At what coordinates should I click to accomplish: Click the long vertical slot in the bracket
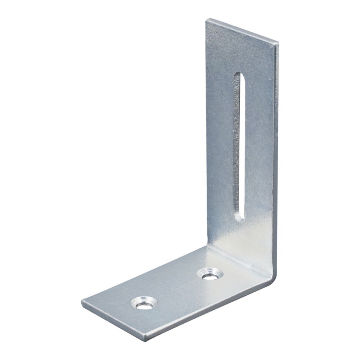239,144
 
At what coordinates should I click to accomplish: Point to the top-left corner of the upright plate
207,20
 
